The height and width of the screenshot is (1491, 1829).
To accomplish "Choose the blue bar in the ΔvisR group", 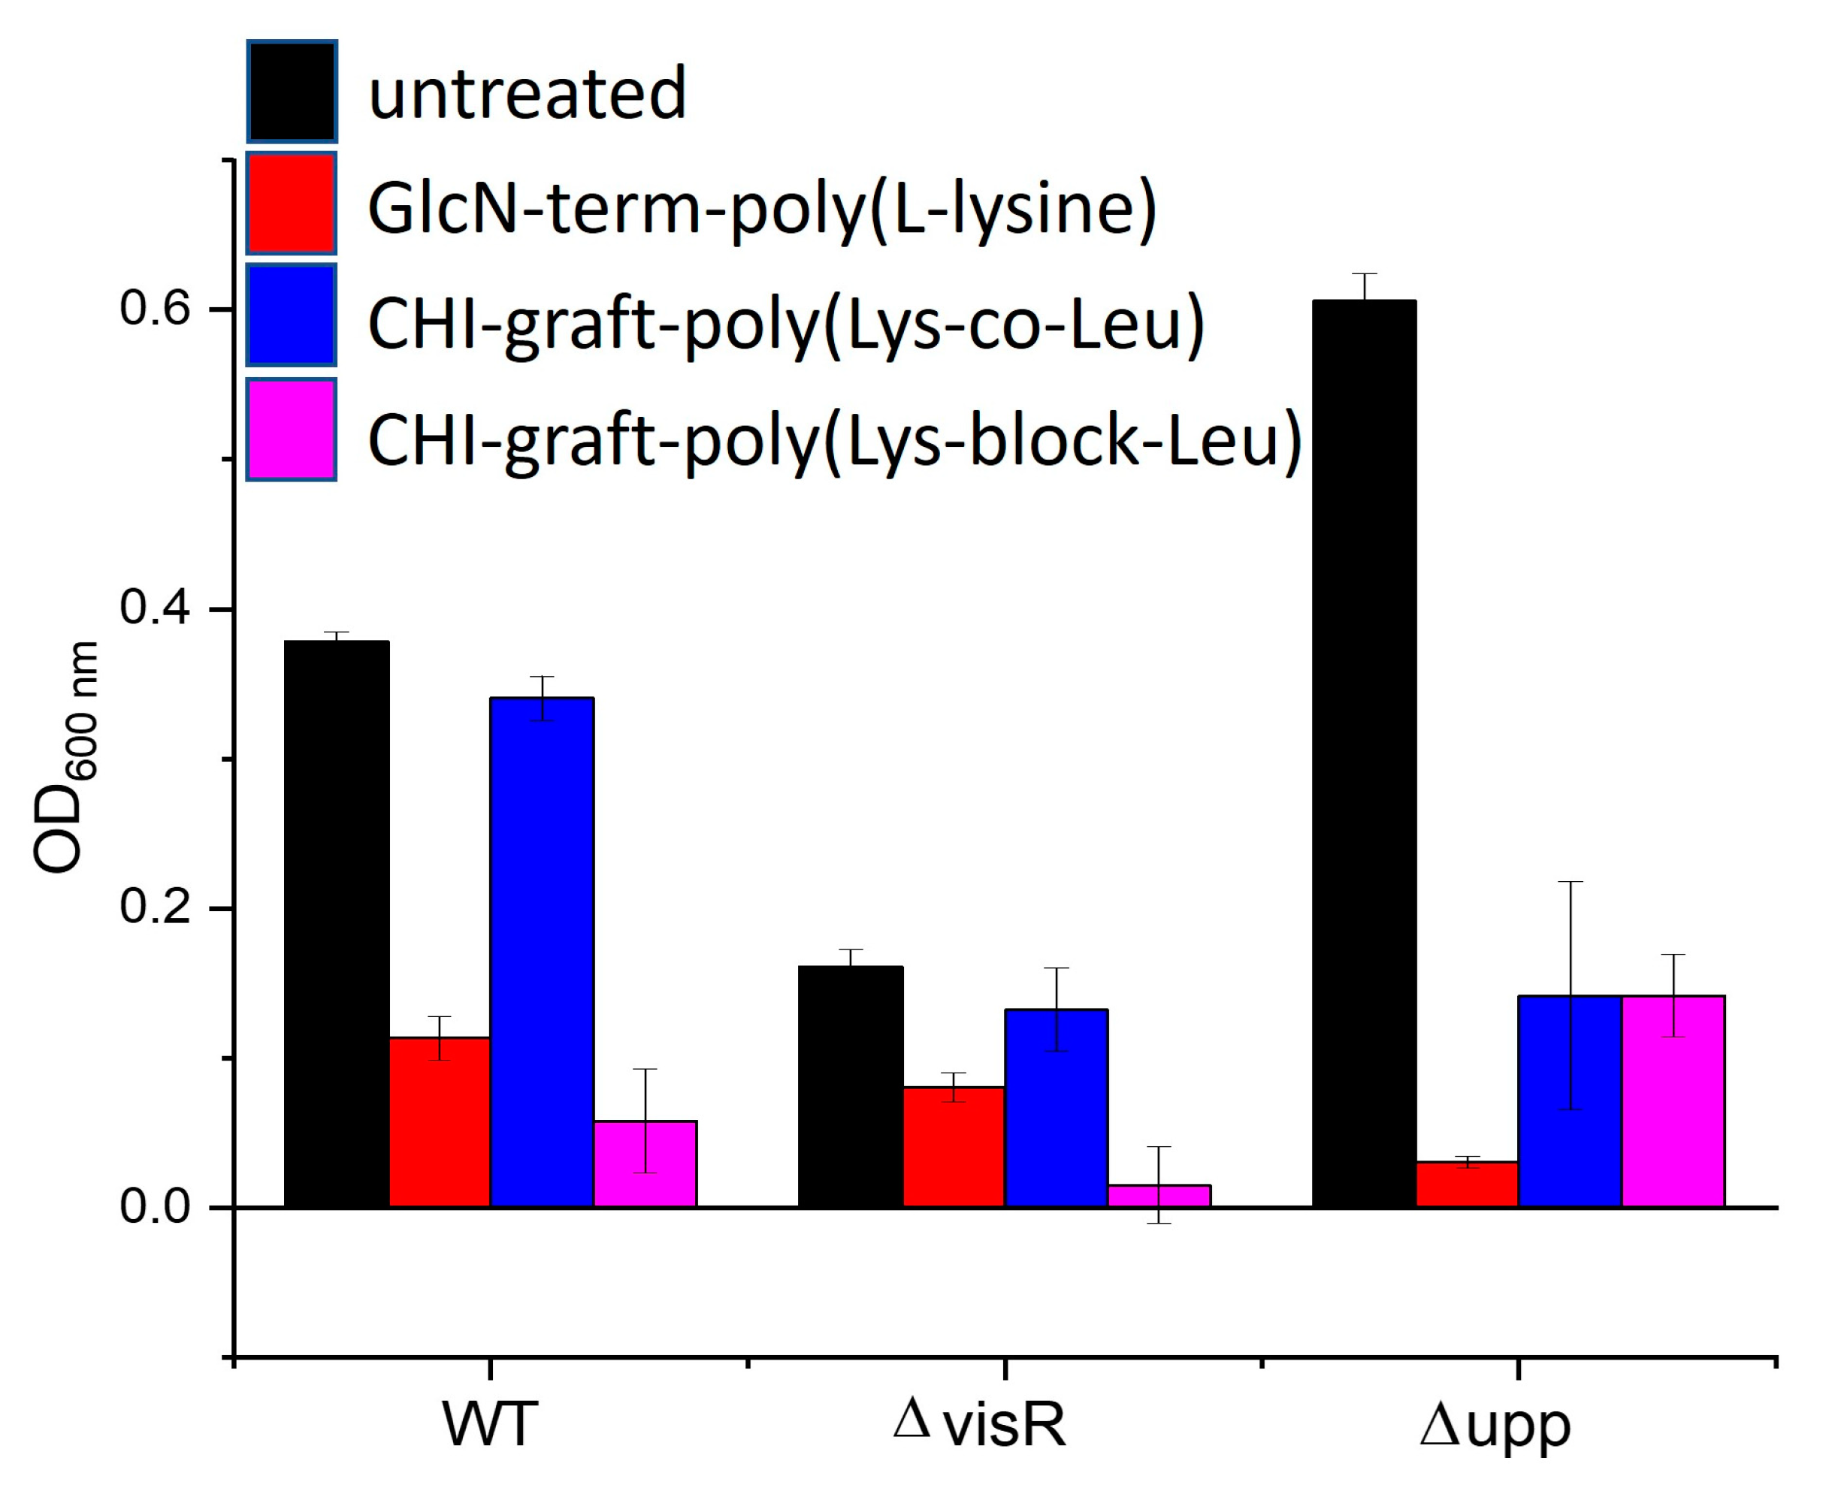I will (x=1056, y=1108).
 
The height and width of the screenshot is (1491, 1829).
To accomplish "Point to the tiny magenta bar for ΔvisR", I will (x=1158, y=1196).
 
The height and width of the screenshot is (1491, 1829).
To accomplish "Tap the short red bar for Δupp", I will (x=1467, y=1185).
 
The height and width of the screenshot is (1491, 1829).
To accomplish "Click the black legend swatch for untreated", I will (x=292, y=91).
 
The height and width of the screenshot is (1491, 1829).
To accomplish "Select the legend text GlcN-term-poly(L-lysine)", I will (x=761, y=208).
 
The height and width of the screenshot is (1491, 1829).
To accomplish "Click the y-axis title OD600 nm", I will (x=65, y=756).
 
